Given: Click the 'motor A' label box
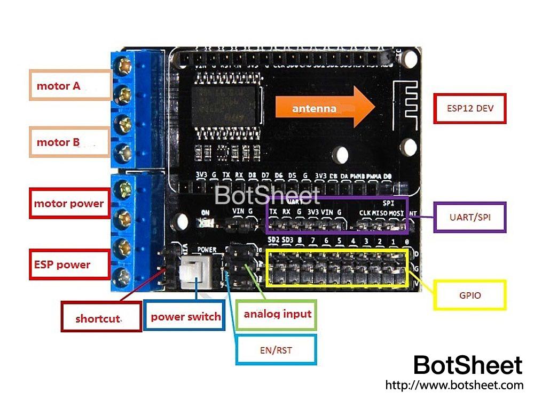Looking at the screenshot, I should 70,85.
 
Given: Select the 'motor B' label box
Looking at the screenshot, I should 70,142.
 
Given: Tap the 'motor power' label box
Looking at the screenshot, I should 69,203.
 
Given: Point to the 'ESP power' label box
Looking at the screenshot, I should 69,265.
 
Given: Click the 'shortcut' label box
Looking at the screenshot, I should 101,318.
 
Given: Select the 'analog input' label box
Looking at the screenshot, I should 277,314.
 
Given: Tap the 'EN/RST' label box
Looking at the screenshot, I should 276,350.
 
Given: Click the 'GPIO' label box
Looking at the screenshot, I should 470,295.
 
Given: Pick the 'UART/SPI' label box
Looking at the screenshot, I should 470,217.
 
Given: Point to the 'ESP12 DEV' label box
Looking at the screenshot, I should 470,109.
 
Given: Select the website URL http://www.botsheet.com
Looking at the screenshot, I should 454,385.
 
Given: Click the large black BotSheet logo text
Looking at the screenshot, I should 468,365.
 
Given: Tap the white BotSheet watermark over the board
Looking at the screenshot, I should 267,196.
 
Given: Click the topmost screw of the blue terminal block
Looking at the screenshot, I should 125,66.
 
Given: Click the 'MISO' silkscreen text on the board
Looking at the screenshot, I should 380,213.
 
